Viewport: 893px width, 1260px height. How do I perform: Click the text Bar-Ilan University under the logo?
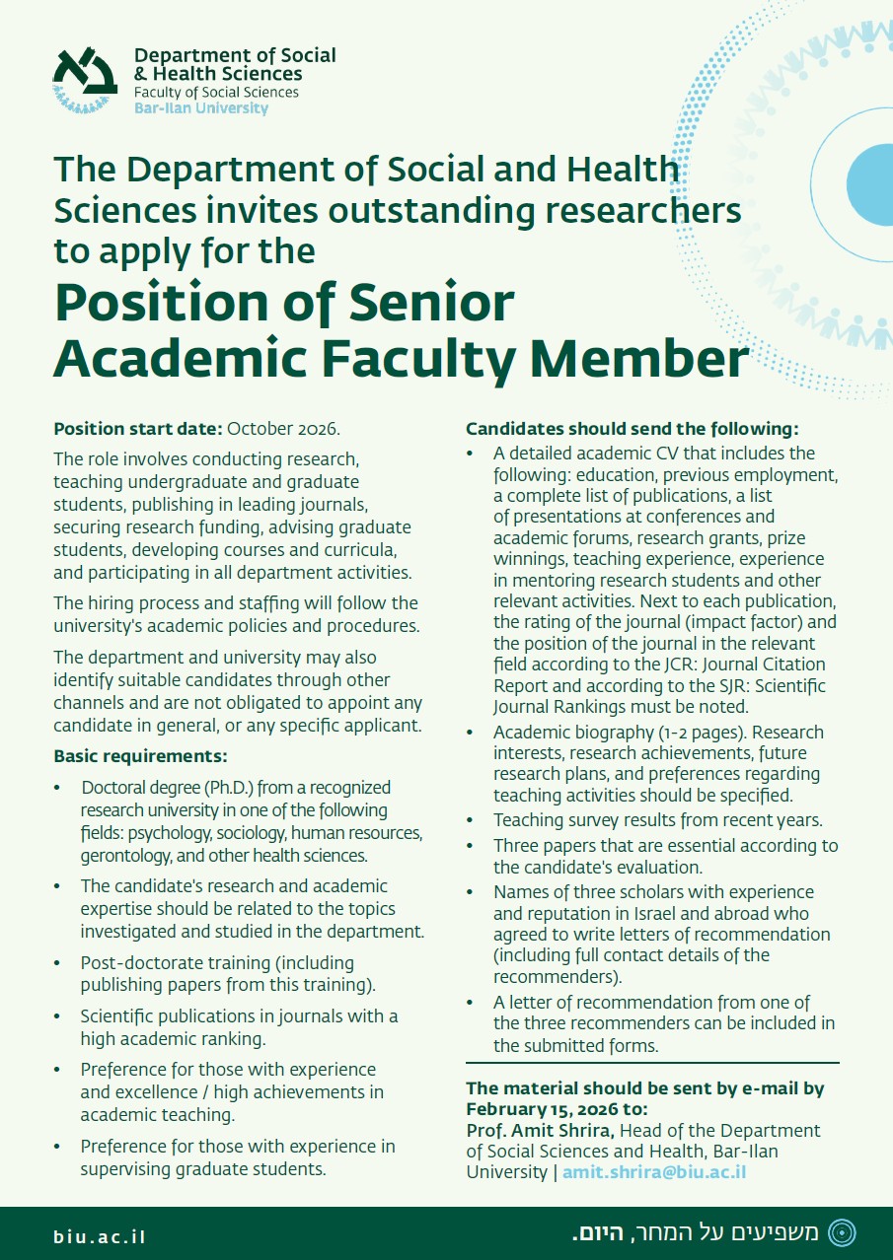pos(200,108)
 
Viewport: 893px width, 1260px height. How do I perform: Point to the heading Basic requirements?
pos(140,756)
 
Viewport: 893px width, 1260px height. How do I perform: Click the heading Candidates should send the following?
pos(632,429)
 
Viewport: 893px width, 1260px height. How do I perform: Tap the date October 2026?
pos(284,429)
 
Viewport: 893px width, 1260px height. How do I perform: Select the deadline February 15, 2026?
pos(542,1109)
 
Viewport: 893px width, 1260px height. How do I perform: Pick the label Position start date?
pos(138,429)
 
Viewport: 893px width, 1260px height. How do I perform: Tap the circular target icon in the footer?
pos(842,1231)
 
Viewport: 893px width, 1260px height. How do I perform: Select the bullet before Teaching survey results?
pos(471,820)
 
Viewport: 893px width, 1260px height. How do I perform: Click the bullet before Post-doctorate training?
pos(58,963)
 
